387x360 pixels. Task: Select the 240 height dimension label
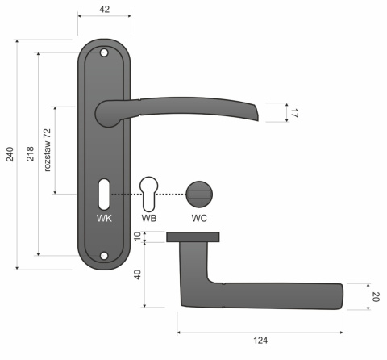point(10,153)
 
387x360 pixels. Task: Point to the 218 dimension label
point(30,153)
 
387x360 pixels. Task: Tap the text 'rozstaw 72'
point(48,149)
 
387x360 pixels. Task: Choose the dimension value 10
point(137,237)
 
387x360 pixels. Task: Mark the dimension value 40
point(137,274)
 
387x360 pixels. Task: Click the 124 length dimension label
point(260,341)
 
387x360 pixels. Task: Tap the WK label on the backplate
point(104,219)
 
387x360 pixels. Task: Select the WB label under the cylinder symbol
point(149,219)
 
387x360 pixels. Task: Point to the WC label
point(200,219)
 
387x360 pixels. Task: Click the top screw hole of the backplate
point(104,53)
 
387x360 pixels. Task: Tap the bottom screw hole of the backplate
point(104,257)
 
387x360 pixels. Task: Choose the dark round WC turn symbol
point(198,194)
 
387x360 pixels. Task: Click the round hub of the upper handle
point(108,112)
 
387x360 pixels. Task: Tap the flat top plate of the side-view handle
point(194,237)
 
